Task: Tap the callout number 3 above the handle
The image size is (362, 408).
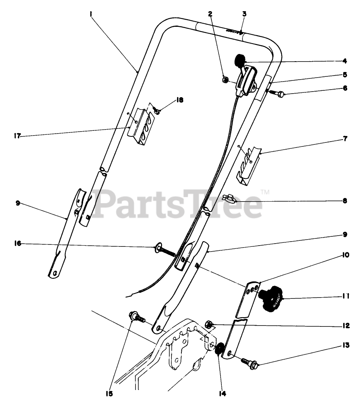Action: click(x=244, y=14)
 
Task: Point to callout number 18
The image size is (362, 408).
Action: click(x=180, y=100)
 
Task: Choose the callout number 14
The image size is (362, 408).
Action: click(x=222, y=394)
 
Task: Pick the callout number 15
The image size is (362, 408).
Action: click(x=109, y=394)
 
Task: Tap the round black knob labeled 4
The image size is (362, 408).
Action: click(x=240, y=60)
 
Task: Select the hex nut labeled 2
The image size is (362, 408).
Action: click(x=225, y=80)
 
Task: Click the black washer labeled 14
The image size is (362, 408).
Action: click(x=219, y=348)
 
